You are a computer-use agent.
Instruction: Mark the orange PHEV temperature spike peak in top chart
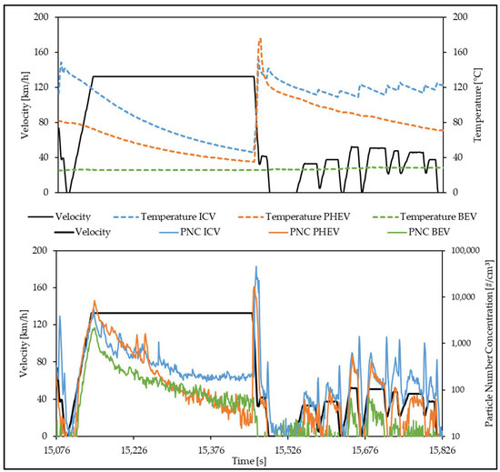pyautogui.click(x=260, y=38)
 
